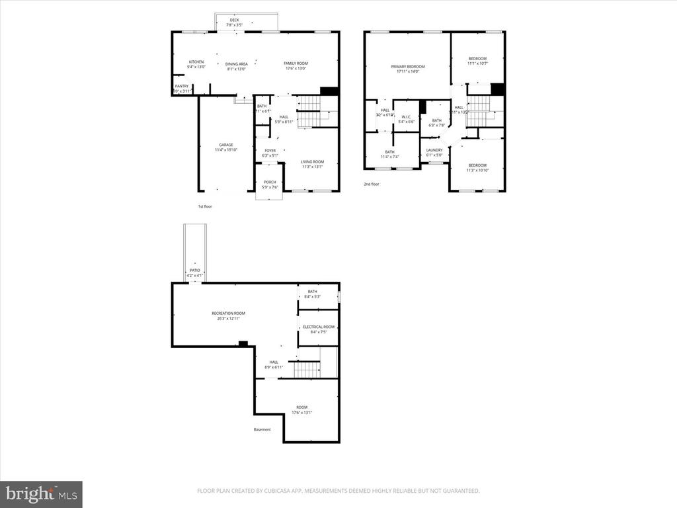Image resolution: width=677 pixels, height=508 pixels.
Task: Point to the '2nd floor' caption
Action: point(372,185)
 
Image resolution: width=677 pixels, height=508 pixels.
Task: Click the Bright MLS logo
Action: point(40,493)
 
